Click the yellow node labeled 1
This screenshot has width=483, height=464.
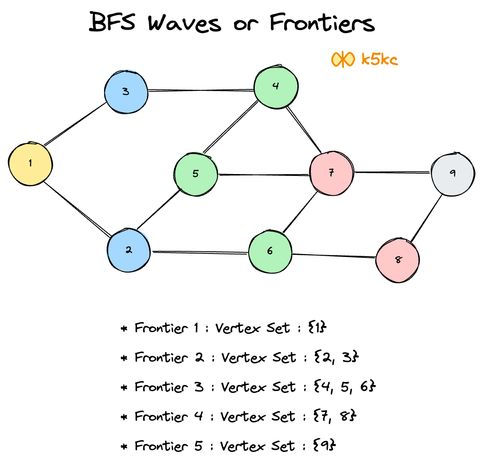coord(30,164)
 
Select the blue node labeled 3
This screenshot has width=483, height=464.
coord(126,92)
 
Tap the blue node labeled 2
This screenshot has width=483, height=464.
coord(129,251)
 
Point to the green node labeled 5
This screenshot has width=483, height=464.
coord(196,174)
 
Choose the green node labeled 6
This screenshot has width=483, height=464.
coord(270,252)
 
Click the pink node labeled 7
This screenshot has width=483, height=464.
coord(331,173)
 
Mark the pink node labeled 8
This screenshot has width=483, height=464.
coord(398,260)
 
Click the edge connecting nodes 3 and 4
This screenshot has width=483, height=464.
coord(201,91)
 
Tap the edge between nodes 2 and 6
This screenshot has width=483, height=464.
coord(199,252)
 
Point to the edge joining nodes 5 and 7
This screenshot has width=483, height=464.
coord(263,175)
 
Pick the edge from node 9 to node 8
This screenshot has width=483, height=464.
coord(427,217)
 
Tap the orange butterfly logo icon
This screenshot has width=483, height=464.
coord(343,59)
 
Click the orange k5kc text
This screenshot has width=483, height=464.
coord(379,59)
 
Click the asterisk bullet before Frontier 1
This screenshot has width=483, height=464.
coord(124,328)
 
